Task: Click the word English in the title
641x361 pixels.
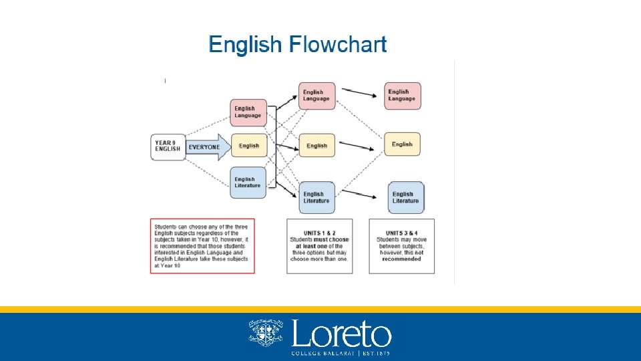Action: click(x=245, y=45)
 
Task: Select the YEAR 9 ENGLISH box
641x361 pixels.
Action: click(x=168, y=146)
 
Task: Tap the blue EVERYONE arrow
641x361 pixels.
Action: click(x=208, y=146)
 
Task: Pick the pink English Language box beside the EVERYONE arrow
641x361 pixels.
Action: click(x=248, y=112)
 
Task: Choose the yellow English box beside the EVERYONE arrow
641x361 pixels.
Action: click(x=248, y=146)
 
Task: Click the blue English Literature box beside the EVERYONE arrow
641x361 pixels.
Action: click(x=248, y=183)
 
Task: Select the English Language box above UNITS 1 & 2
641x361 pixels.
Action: click(x=316, y=96)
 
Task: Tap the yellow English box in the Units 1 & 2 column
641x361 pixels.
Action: click(x=316, y=146)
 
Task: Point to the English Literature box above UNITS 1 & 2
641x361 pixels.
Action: click(x=316, y=197)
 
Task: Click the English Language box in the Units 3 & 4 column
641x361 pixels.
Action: click(x=402, y=96)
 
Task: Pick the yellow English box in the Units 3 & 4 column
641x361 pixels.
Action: click(x=402, y=144)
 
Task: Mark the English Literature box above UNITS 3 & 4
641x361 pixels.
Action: click(x=405, y=197)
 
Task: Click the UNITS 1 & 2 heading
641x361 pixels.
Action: click(x=319, y=233)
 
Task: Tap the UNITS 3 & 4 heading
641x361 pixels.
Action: click(x=401, y=233)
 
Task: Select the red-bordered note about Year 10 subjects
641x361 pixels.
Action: click(x=203, y=245)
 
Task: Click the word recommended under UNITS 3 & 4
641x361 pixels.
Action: click(x=401, y=259)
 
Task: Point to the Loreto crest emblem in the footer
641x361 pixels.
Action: click(x=266, y=332)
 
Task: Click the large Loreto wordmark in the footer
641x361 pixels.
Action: click(x=341, y=332)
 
